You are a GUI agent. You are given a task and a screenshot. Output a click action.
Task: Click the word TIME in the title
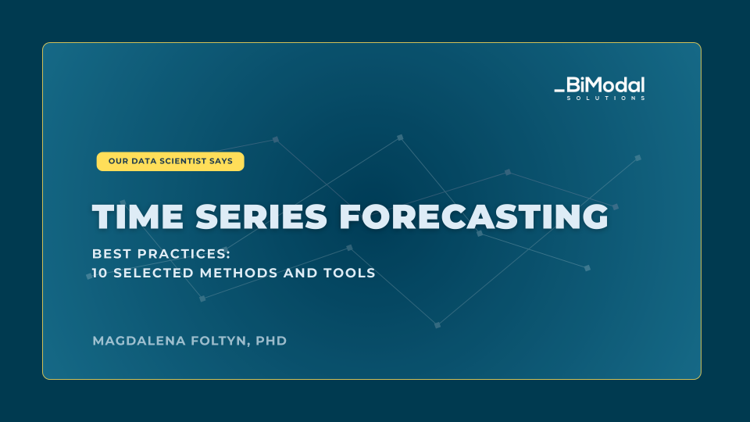click(137, 216)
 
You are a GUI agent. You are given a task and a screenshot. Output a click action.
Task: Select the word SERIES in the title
click(261, 216)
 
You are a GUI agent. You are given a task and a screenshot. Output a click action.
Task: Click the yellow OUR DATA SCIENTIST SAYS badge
click(170, 161)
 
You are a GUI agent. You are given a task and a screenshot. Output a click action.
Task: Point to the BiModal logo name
click(605, 85)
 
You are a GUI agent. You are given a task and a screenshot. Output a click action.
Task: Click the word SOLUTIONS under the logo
click(605, 98)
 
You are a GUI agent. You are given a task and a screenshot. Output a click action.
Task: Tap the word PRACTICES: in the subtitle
click(184, 253)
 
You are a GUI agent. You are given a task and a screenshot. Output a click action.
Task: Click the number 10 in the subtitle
click(99, 273)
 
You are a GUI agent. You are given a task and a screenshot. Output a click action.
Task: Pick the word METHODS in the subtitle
click(239, 273)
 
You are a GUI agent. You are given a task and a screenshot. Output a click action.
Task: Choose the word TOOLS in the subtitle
click(349, 273)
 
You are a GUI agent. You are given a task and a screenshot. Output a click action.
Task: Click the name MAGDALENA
click(139, 341)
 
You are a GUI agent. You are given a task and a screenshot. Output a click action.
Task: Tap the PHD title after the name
click(271, 341)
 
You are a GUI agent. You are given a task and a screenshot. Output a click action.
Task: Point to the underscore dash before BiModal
click(559, 90)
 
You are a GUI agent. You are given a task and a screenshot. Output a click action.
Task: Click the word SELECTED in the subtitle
click(154, 273)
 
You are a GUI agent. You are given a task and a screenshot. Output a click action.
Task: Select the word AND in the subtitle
click(301, 273)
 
